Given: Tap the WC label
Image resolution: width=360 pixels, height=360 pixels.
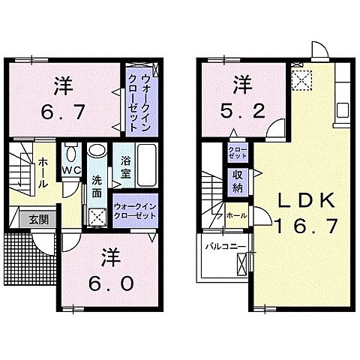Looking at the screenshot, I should (71, 170).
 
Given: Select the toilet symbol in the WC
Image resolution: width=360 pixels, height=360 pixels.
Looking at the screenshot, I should (71, 154).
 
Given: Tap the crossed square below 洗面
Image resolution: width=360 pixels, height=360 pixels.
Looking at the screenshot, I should (97, 216).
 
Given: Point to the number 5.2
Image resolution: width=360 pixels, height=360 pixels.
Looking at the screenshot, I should (240, 109).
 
